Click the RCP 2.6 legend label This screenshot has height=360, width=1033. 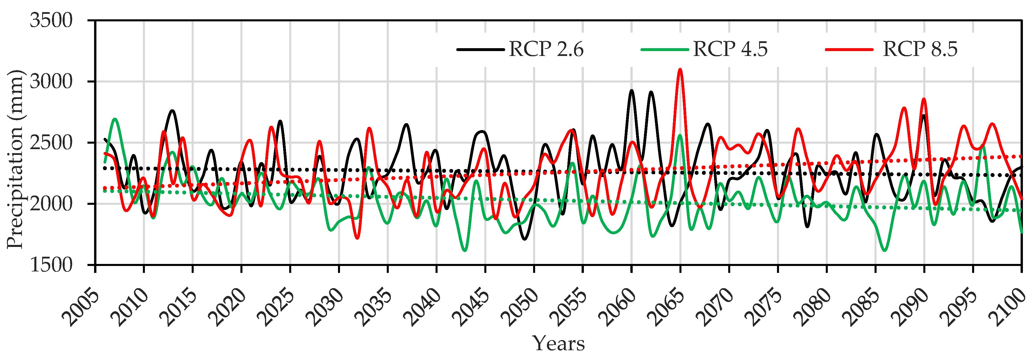click(x=546, y=49)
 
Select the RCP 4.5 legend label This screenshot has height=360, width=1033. click(x=730, y=49)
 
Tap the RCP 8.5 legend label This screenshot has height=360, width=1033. click(x=920, y=49)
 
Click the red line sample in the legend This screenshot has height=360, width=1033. click(x=849, y=50)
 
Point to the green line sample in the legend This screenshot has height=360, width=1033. click(x=664, y=50)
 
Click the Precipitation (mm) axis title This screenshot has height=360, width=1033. click(x=15, y=159)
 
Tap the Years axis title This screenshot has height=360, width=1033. click(x=558, y=344)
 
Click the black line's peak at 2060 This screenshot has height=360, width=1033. click(x=632, y=91)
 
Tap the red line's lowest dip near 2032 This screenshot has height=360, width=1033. click(x=357, y=239)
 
